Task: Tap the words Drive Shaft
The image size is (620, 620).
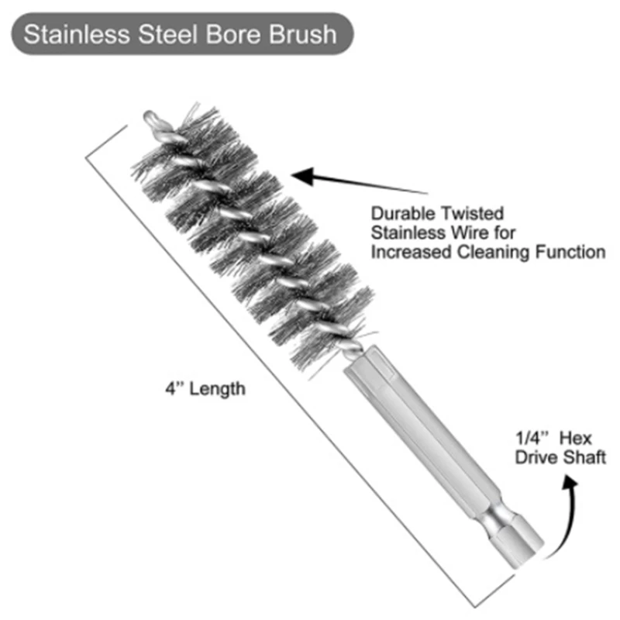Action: click(560, 458)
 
